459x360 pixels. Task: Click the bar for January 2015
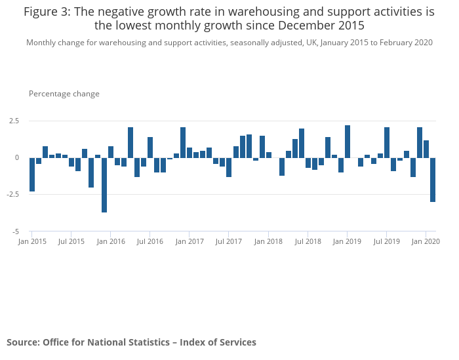pos(32,174)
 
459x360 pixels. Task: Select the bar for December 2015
pos(104,185)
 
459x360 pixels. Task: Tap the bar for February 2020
pos(433,180)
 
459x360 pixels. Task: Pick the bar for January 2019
pos(348,142)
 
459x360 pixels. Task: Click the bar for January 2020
pos(426,149)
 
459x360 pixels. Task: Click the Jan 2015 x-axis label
pos(32,241)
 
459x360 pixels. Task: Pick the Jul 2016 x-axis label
pos(150,241)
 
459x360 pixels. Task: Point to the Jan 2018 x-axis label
pos(268,241)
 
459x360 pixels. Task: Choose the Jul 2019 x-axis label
pos(387,241)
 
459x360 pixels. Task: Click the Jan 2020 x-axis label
pos(426,241)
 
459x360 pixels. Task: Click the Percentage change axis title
pos(64,94)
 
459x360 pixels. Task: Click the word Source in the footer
pos(22,342)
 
